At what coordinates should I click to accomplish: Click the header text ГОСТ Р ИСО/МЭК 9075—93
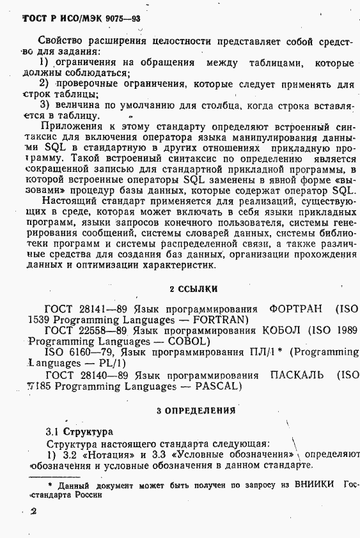[x=81, y=19]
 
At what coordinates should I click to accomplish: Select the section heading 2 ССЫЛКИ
[x=194, y=289]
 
